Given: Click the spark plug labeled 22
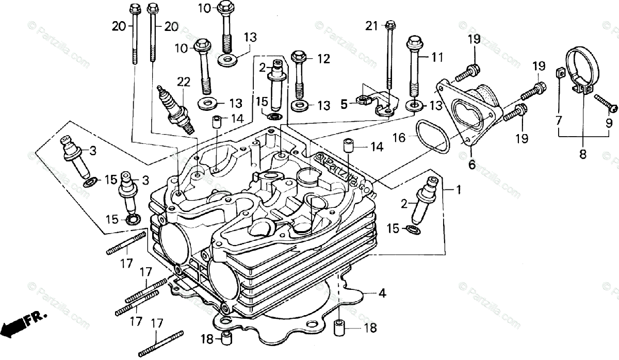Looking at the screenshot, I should (x=176, y=109).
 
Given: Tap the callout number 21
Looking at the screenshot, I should (x=372, y=25).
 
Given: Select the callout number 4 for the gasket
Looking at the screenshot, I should (x=382, y=293).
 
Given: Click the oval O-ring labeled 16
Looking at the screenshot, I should (x=433, y=136).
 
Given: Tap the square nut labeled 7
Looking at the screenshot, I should (x=559, y=72).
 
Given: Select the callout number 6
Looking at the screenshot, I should (x=471, y=165).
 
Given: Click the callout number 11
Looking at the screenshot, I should (x=437, y=58).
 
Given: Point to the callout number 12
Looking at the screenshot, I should (x=323, y=59).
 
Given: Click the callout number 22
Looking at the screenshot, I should (x=183, y=81).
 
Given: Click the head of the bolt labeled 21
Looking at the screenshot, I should (x=390, y=24).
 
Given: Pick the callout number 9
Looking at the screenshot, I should (x=609, y=123).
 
